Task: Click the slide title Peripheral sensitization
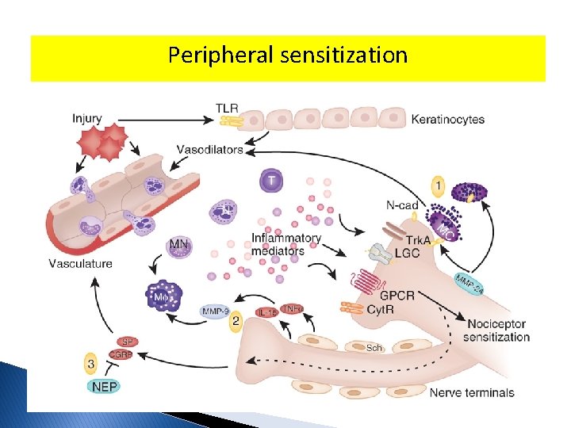(x=288, y=55)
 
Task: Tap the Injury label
(x=86, y=119)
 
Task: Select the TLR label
(x=227, y=108)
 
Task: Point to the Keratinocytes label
(x=448, y=120)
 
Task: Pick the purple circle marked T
(x=271, y=182)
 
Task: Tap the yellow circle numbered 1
(x=439, y=187)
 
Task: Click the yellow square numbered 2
(x=236, y=322)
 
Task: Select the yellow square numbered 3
(x=91, y=365)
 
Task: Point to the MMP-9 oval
(x=213, y=311)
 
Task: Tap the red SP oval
(x=127, y=342)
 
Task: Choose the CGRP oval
(x=121, y=355)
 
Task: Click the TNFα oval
(x=292, y=308)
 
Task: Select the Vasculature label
(x=80, y=263)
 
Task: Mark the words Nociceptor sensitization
(x=498, y=331)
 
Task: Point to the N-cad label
(x=401, y=205)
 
